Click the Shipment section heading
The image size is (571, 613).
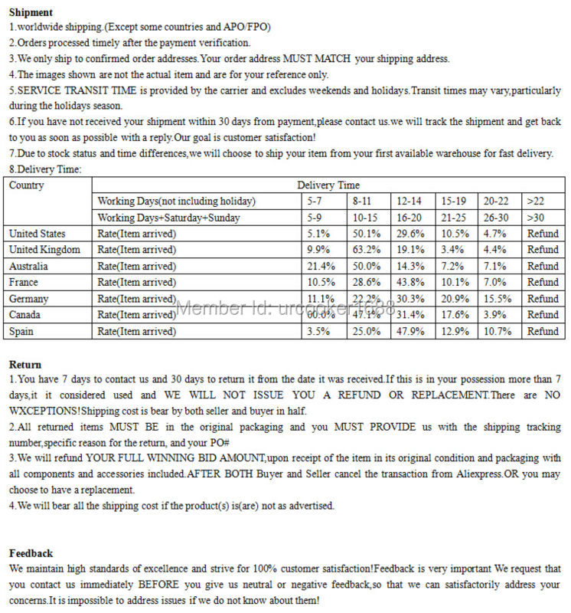[x=31, y=12]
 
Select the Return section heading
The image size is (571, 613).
[x=25, y=365]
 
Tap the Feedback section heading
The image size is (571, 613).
[x=31, y=553]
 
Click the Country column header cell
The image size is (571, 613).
[x=26, y=185]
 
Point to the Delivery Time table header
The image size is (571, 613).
[x=328, y=185]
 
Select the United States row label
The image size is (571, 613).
[x=37, y=234]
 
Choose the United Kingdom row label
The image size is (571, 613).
[x=44, y=250]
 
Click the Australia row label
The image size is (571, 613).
[x=28, y=266]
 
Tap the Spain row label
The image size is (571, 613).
[x=21, y=331]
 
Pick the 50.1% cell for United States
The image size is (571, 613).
[x=366, y=234]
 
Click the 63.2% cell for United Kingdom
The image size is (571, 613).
[x=366, y=250]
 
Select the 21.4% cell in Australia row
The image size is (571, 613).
[x=321, y=266]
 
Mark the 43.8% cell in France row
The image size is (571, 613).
[x=410, y=282]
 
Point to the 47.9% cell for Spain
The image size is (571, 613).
[x=410, y=331]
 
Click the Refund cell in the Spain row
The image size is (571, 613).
[x=543, y=331]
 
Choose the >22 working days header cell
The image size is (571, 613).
[x=535, y=202]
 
